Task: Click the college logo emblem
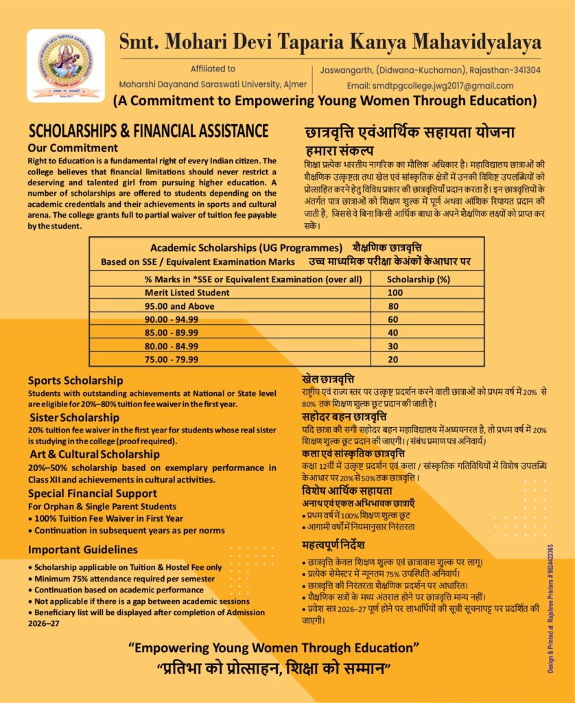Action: click(x=66, y=65)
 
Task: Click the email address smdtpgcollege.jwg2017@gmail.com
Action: click(x=430, y=86)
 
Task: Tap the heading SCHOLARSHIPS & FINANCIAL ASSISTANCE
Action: click(x=148, y=130)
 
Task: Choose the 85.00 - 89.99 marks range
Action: click(x=172, y=332)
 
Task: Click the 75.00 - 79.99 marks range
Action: click(x=172, y=358)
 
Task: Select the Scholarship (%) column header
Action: click(x=419, y=279)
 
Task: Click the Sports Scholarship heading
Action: click(x=75, y=380)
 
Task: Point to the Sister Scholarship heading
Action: click(x=74, y=417)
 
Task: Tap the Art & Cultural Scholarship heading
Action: click(x=95, y=454)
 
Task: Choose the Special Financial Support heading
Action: click(x=93, y=494)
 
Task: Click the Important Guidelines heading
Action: click(x=82, y=550)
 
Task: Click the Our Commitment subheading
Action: click(x=73, y=148)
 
